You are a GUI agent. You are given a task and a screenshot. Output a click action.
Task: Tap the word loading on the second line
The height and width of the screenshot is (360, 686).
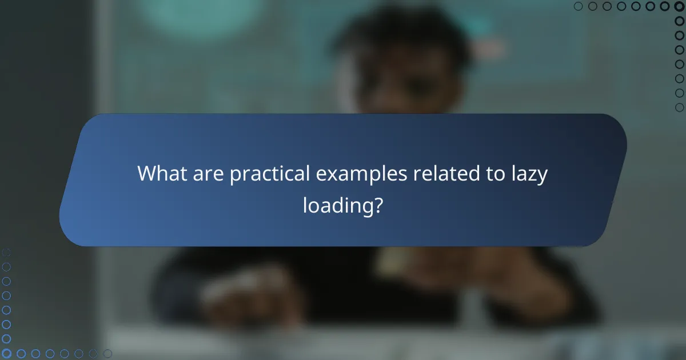point(336,206)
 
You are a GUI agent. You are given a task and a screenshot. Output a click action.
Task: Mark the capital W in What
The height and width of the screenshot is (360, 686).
point(147,174)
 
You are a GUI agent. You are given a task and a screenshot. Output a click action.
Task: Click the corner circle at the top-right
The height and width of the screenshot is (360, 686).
point(680,6)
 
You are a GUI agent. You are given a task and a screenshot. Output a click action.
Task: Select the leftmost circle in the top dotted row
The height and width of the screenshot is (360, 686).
point(579,6)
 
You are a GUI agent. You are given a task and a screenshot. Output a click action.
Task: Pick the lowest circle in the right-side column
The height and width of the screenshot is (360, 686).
point(680,107)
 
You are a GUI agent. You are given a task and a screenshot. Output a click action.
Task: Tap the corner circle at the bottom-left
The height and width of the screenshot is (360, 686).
point(6,354)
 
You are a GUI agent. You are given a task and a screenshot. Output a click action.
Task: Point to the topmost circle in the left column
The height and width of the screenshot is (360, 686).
point(6,252)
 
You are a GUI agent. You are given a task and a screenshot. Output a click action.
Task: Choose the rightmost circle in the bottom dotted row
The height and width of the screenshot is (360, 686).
point(107,354)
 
